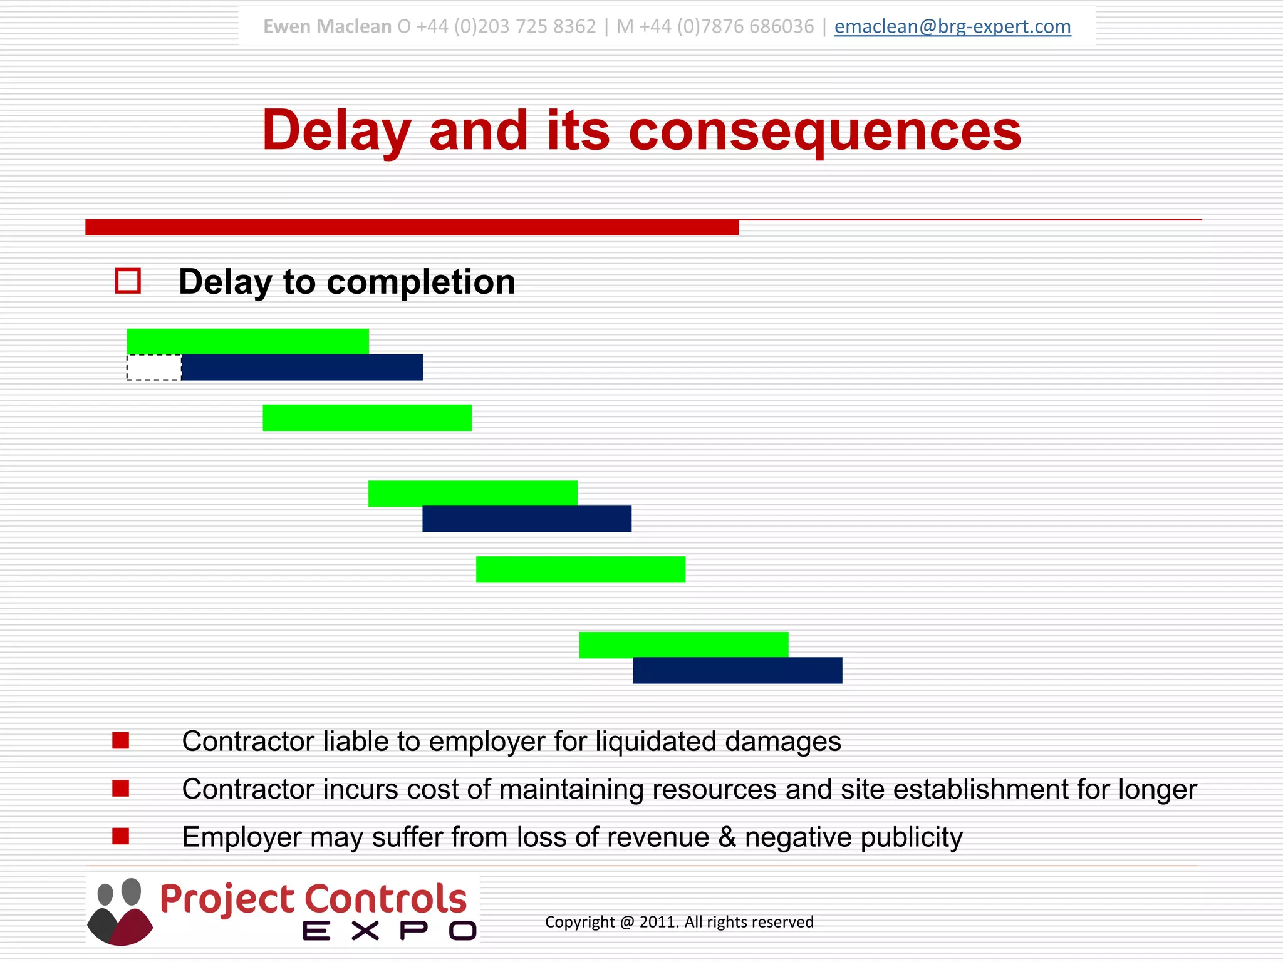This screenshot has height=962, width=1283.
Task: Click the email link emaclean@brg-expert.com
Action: [x=952, y=26]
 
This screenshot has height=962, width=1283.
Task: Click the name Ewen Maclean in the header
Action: [x=327, y=26]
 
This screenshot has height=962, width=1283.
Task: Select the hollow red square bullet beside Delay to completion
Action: [x=128, y=281]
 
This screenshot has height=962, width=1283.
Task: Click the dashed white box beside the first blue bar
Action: [x=153, y=368]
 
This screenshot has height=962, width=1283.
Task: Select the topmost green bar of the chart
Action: [x=247, y=341]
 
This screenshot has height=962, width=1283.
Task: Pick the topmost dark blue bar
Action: [x=302, y=368]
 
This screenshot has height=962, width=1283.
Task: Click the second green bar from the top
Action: [x=367, y=418]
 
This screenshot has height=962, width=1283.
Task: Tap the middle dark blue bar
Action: [x=527, y=519]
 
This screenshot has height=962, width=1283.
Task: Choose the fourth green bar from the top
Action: [x=580, y=569]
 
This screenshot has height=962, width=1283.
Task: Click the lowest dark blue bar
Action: [x=737, y=671]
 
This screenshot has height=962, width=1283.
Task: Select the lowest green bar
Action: [x=683, y=644]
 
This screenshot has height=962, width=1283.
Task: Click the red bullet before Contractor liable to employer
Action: [x=120, y=741]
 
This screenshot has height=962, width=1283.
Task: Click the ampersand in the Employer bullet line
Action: [x=727, y=837]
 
